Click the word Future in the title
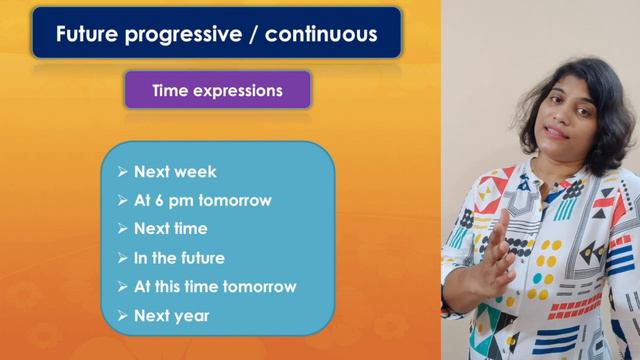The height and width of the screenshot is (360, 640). (87, 35)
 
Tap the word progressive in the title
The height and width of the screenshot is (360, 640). (180, 35)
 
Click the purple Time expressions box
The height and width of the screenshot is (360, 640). (217, 90)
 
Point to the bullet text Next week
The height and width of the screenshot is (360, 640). (175, 172)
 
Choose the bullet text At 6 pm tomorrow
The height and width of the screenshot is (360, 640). (202, 200)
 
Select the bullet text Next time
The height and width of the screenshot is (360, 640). (170, 229)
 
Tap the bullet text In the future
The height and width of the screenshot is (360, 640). (179, 258)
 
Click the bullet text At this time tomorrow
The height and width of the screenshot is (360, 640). (215, 287)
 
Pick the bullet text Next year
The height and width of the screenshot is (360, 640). (172, 316)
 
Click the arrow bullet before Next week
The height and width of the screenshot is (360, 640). (122, 172)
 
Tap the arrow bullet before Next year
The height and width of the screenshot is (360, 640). (122, 316)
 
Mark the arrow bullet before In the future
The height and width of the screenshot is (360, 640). (122, 258)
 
